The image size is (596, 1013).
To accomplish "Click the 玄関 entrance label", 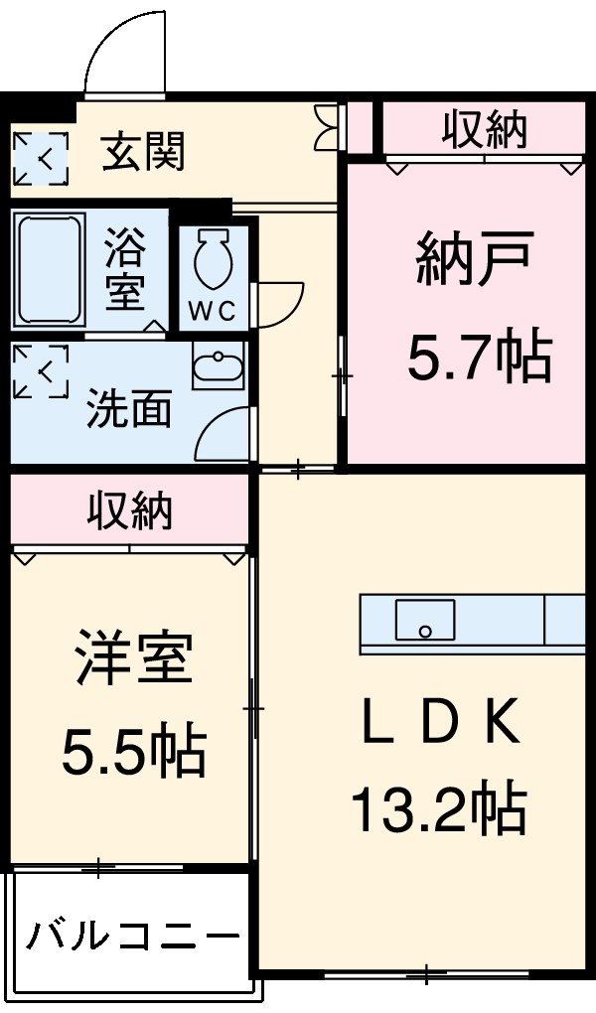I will pyautogui.click(x=144, y=155).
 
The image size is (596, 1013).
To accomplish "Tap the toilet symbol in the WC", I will pyautogui.click(x=212, y=259).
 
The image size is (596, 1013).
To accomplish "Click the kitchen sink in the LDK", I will pyautogui.click(x=425, y=621).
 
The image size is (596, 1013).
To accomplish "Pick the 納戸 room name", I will pyautogui.click(x=476, y=261).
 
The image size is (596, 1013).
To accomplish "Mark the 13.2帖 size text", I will pyautogui.click(x=437, y=809).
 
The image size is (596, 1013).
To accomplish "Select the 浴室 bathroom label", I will pyautogui.click(x=126, y=269).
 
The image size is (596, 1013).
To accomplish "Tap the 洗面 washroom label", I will pyautogui.click(x=129, y=408).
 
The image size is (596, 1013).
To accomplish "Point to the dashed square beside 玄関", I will pyautogui.click(x=41, y=157).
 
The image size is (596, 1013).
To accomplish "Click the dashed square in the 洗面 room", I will pyautogui.click(x=41, y=371).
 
